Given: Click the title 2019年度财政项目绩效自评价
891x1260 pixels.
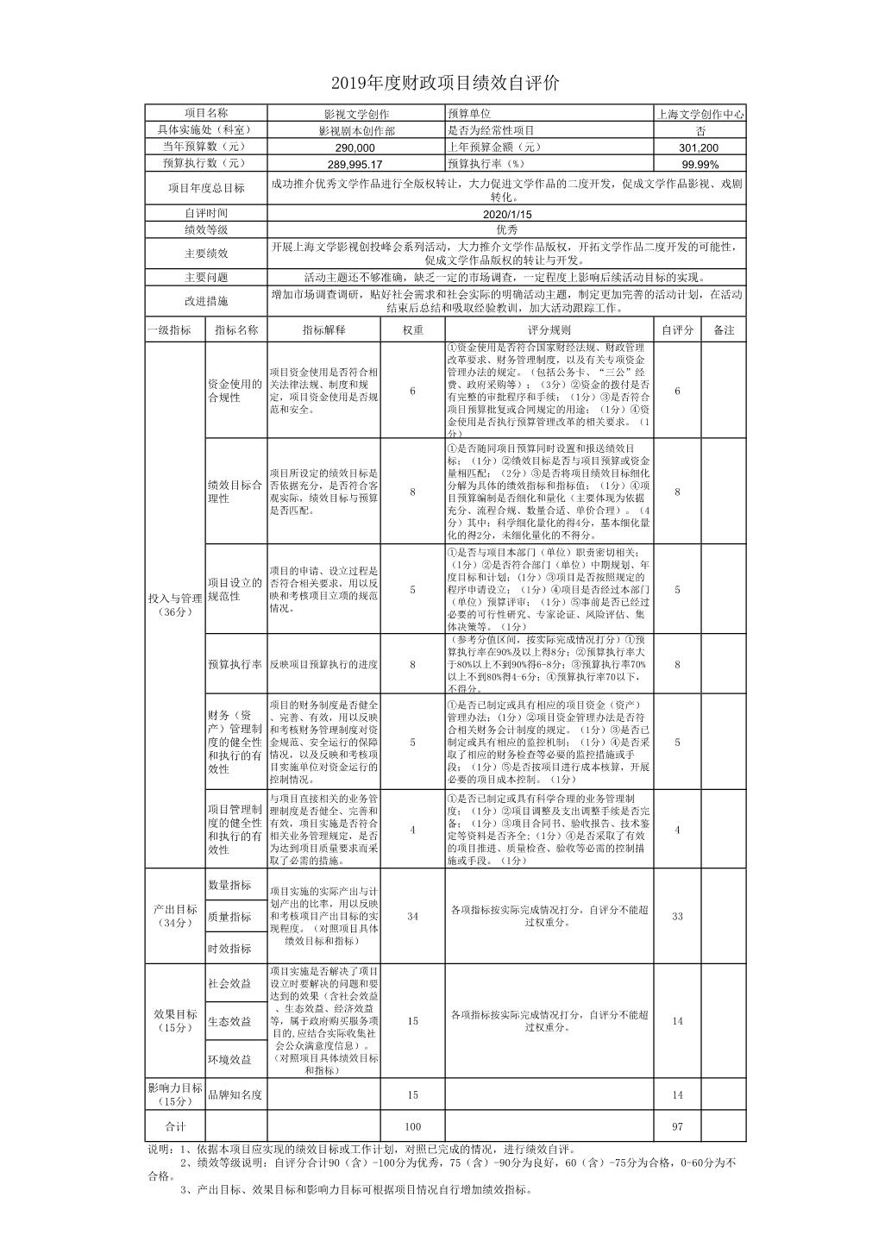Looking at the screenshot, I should (x=445, y=84).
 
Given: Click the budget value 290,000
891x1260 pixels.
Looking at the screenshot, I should (x=355, y=147).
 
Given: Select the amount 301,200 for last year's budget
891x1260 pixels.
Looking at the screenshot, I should (x=700, y=147).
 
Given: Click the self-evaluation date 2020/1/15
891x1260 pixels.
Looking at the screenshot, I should (x=506, y=213).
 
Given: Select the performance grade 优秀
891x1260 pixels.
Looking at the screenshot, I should (x=506, y=229).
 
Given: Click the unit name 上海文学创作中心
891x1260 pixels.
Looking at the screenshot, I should (x=700, y=114).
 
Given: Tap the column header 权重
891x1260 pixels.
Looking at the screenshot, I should (x=412, y=329).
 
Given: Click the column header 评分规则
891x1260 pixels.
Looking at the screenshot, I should (x=549, y=329).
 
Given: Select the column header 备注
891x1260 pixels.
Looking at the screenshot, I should (x=723, y=329).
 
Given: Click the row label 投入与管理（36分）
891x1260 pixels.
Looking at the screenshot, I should (x=174, y=604).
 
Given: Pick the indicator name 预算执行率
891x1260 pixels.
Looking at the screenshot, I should (x=235, y=664).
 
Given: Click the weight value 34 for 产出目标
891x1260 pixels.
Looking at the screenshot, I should (x=412, y=916).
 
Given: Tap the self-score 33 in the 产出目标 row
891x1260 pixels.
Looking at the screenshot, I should (x=677, y=916).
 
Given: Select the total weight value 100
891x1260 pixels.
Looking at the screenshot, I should (x=412, y=1126).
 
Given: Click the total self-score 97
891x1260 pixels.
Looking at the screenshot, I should (x=677, y=1126).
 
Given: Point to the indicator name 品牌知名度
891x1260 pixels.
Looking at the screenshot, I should (x=235, y=1094).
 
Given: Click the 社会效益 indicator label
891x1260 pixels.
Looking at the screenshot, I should (x=229, y=983).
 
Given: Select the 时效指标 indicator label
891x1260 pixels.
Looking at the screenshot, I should (x=229, y=948).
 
